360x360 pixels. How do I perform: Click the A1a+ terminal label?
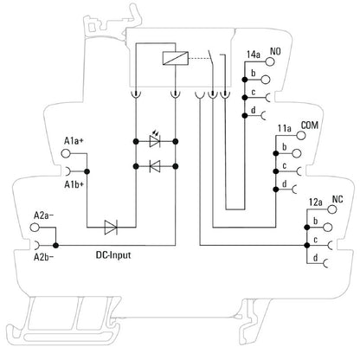[75, 140]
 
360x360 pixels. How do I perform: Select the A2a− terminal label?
[45, 214]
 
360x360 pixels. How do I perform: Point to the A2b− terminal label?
[45, 257]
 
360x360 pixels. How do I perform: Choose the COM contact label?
[310, 125]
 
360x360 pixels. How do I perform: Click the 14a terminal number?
[254, 55]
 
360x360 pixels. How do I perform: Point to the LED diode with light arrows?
[155, 139]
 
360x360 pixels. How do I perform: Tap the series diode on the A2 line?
[111, 228]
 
